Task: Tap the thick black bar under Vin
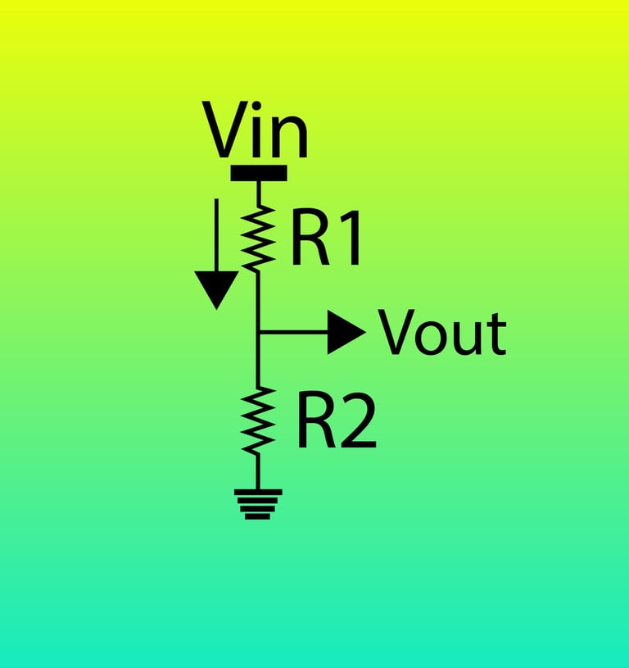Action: pyautogui.click(x=259, y=173)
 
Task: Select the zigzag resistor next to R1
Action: pyautogui.click(x=258, y=238)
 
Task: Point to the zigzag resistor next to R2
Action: pyautogui.click(x=258, y=420)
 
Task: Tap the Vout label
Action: pyautogui.click(x=442, y=333)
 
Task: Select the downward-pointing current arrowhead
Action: pyautogui.click(x=217, y=289)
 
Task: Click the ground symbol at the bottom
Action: pyautogui.click(x=258, y=502)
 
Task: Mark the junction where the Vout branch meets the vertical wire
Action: pyautogui.click(x=258, y=333)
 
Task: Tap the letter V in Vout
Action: pyautogui.click(x=396, y=333)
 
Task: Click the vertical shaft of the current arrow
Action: pyautogui.click(x=217, y=234)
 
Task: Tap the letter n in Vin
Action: pyautogui.click(x=292, y=139)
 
